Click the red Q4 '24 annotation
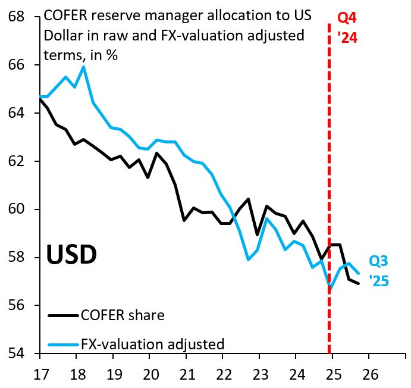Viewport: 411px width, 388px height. pyautogui.click(x=347, y=28)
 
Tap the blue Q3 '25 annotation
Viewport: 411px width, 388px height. pyautogui.click(x=379, y=270)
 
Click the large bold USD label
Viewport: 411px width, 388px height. pyautogui.click(x=71, y=255)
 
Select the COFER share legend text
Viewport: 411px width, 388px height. pyautogui.click(x=123, y=315)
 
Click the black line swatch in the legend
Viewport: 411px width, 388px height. pyautogui.click(x=63, y=315)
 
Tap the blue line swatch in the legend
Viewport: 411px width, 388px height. pyautogui.click(x=63, y=344)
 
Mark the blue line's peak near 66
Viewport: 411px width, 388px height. pyautogui.click(x=83, y=67)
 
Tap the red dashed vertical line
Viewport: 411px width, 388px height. pyautogui.click(x=330, y=179)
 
